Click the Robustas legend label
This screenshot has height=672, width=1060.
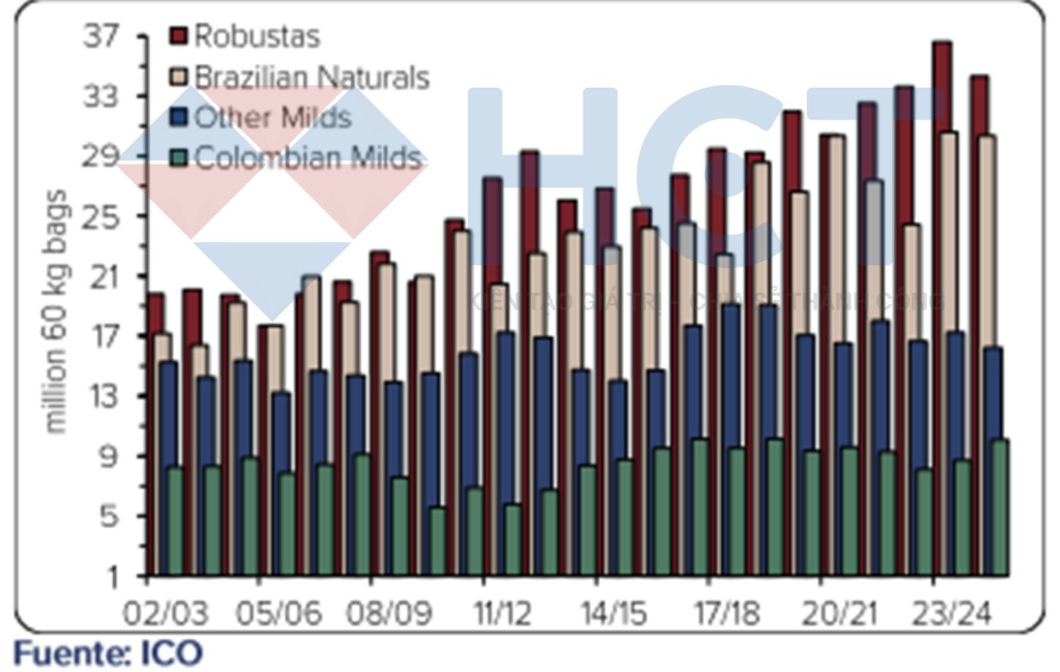point(257,36)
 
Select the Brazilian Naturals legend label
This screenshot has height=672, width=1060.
point(312,78)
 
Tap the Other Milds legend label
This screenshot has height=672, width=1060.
point(272,117)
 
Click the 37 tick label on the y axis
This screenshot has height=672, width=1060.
point(101,36)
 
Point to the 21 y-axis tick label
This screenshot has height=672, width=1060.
point(101,276)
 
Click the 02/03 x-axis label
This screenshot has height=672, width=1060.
point(166,613)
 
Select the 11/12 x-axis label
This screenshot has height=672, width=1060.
point(502,613)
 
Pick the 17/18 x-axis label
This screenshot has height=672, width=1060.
point(727,613)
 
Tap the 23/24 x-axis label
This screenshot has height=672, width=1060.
point(951,613)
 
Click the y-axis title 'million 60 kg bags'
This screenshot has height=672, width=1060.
point(56,311)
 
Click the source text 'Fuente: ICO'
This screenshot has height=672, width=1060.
point(108,653)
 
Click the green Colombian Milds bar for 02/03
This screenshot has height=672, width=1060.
point(175,520)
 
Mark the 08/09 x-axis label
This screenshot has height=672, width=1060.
point(390,613)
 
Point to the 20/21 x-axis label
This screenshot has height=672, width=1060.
point(839,613)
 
